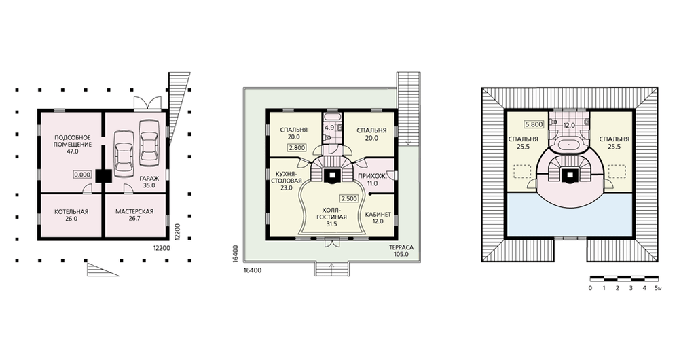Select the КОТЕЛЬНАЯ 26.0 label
tap(71, 215)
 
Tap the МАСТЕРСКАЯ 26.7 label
tap(134, 215)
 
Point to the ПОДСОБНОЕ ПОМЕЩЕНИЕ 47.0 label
tap(73, 144)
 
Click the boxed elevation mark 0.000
tap(82, 175)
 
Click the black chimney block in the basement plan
tap(103, 175)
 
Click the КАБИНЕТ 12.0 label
tap(378, 218)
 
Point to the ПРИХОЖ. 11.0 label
tap(371, 180)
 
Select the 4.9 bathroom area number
tap(329, 128)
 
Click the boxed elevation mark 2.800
tap(297, 147)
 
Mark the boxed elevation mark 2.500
tap(349, 199)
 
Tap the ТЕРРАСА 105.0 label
tap(401, 251)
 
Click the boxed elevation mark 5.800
tap(534, 124)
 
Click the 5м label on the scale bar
tap(658, 288)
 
